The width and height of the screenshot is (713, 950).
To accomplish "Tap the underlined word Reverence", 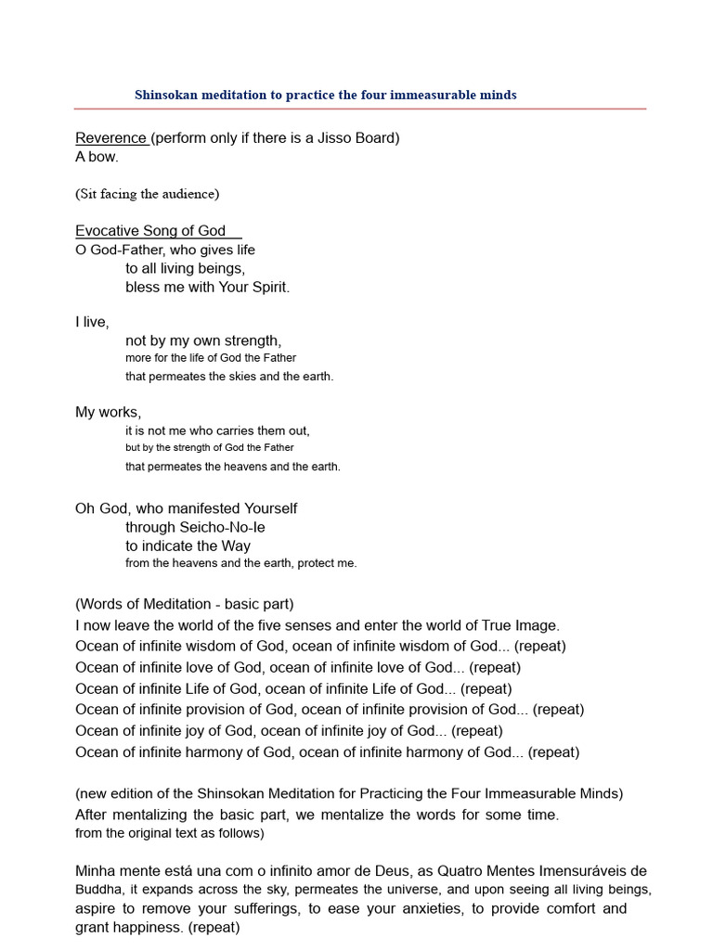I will pyautogui.click(x=110, y=138).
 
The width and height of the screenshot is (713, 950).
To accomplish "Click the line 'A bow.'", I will pyautogui.click(x=97, y=157).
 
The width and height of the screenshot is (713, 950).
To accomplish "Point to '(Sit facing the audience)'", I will pyautogui.click(x=147, y=194).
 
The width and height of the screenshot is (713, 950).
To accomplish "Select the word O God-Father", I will pyautogui.click(x=114, y=250).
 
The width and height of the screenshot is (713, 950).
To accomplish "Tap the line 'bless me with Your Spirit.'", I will pyautogui.click(x=207, y=287).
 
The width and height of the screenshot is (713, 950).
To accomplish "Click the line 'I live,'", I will pyautogui.click(x=92, y=322).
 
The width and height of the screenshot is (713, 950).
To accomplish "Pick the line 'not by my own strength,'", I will pyautogui.click(x=202, y=340).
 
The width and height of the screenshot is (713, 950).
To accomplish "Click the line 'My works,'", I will pyautogui.click(x=108, y=412).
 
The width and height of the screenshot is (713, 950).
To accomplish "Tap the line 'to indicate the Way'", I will pyautogui.click(x=188, y=546).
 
